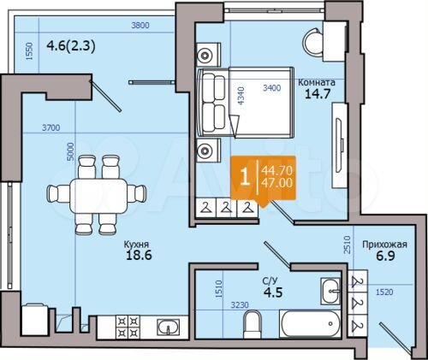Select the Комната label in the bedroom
point(316,83)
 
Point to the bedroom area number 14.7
point(318,97)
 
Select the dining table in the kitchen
point(96,193)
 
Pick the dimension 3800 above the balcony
point(140,26)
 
